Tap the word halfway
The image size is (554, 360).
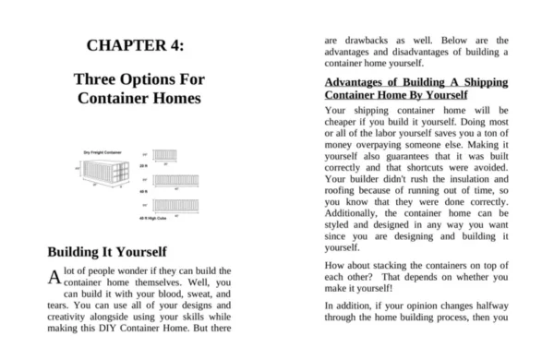click(x=484, y=304)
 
